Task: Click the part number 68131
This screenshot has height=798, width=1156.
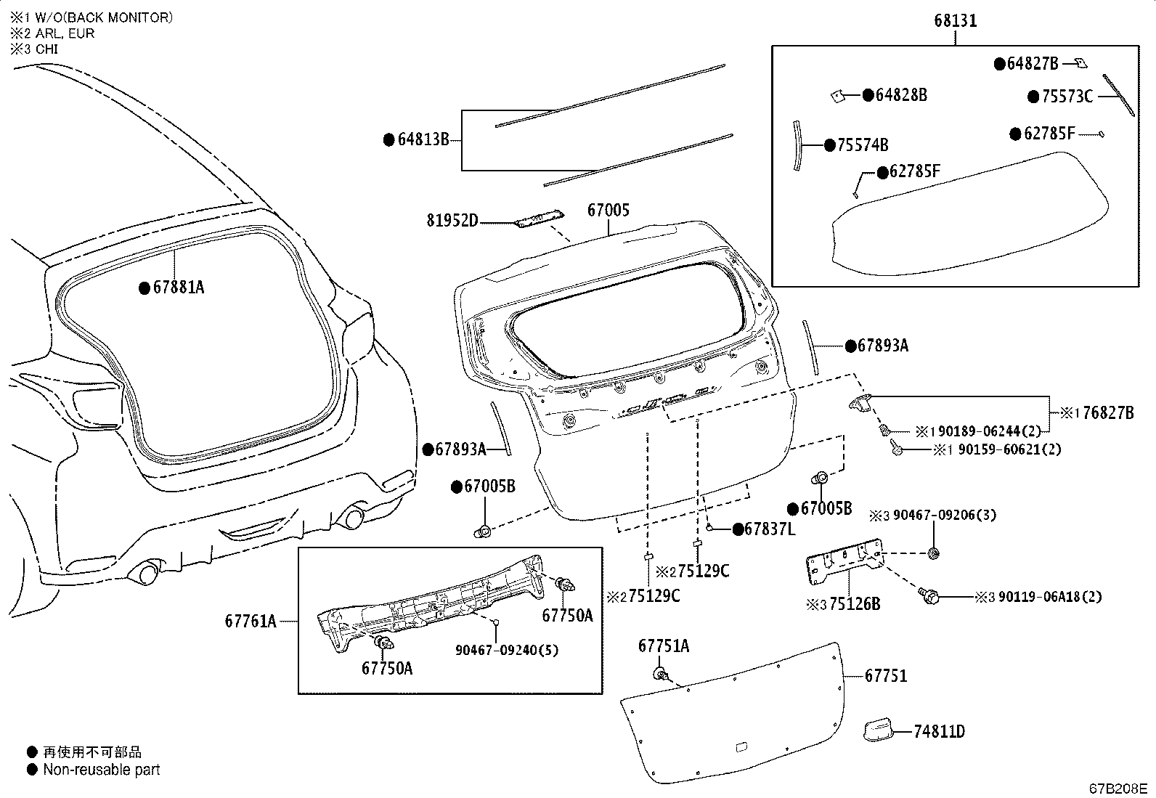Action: [955, 21]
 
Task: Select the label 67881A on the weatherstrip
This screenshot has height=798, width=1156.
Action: [179, 288]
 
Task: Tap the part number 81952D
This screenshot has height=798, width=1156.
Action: [452, 219]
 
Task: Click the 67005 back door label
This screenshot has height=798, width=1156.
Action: [608, 211]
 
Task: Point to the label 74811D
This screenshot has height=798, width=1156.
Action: [939, 731]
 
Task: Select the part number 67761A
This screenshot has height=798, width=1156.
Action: [251, 621]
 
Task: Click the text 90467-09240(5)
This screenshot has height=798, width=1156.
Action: [507, 650]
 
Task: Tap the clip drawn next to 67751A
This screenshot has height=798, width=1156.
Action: [660, 675]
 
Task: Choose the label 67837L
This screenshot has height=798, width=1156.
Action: [769, 529]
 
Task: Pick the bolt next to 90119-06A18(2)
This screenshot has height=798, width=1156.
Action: [930, 596]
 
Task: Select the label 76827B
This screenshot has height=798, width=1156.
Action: [1107, 413]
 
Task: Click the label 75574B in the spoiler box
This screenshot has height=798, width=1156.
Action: [863, 145]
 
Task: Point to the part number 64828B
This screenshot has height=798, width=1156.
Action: [900, 95]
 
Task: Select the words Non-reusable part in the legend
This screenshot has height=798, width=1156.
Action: [102, 770]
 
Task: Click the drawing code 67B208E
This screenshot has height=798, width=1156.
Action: [1118, 789]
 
